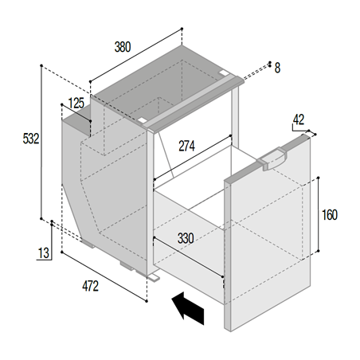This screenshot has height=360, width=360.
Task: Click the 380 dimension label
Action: [x=123, y=47]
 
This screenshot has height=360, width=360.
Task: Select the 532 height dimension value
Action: [x=31, y=139]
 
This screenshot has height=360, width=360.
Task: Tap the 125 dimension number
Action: [x=76, y=103]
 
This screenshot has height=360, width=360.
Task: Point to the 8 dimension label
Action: [x=277, y=68]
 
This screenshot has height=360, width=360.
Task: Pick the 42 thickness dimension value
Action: [x=299, y=119]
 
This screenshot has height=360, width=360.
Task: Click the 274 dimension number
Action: [x=186, y=146]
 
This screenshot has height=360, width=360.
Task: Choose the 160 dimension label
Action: [x=330, y=215]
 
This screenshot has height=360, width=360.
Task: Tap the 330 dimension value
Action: [x=186, y=238]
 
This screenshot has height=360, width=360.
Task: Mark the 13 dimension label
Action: [x=44, y=253]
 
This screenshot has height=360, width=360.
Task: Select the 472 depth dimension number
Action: [x=90, y=286]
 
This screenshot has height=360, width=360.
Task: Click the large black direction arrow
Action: [x=188, y=308]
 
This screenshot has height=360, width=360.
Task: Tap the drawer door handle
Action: [x=272, y=158]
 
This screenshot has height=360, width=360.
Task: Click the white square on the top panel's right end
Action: [x=224, y=72]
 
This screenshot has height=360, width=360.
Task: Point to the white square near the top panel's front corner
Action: [x=142, y=120]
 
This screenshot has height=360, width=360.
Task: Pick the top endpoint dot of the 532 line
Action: [x=41, y=65]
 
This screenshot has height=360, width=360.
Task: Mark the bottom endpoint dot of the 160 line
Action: [x=319, y=251]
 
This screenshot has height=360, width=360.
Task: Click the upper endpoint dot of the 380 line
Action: [x=182, y=29]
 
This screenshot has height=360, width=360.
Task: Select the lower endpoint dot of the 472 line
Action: [x=147, y=301]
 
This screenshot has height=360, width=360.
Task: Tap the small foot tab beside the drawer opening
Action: [x=155, y=278]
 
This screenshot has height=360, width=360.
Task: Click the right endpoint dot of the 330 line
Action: [x=222, y=277]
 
